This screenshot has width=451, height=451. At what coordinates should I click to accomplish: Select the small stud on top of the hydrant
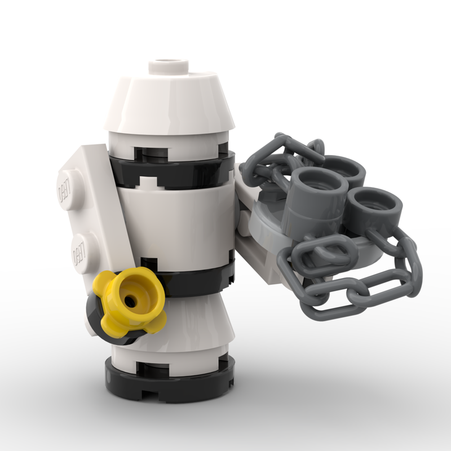pos(168,65)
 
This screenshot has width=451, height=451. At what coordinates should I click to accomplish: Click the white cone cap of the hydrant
pos(169,104)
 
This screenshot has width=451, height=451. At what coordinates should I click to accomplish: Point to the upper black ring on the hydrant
pos(180,169)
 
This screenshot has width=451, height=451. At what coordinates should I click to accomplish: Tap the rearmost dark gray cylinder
pos(341,169)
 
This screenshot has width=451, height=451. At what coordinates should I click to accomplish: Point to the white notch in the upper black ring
pos(148,183)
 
